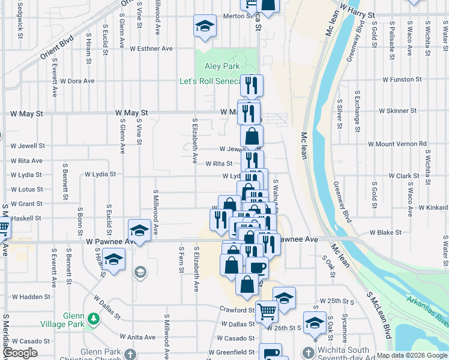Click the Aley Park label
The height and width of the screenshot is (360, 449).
click(x=222, y=67)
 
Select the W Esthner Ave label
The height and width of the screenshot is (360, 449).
click(x=151, y=49)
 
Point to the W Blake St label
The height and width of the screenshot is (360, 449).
click(x=385, y=232)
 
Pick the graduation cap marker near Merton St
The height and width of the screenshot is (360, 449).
click(x=205, y=26)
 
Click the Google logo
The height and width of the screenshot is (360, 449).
click(x=20, y=353)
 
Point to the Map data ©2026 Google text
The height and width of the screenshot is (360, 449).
click(x=412, y=355)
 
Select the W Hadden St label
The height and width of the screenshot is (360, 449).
click(x=32, y=296)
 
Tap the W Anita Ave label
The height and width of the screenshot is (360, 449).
click(x=137, y=337)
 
